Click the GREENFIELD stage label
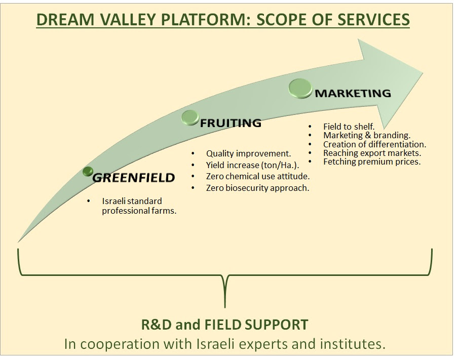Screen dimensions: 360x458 (133, 178)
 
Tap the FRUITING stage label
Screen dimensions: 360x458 (231, 123)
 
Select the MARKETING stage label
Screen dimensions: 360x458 (353, 93)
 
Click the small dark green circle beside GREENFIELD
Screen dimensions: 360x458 (88, 172)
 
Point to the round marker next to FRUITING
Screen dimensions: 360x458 (190, 117)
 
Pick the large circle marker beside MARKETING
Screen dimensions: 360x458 (300, 88)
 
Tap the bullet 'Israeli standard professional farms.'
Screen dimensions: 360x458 (139, 206)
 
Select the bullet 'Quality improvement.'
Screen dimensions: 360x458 (248, 153)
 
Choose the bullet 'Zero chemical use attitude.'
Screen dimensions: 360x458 (257, 176)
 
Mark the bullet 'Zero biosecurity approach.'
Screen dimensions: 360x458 (257, 188)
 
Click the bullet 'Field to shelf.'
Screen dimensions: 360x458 (349, 127)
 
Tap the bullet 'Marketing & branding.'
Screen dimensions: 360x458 (366, 135)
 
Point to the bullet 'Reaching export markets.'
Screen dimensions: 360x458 (372, 153)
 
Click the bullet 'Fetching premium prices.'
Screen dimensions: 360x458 (371, 162)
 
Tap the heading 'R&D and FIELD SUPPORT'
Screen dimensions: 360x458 (224, 324)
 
